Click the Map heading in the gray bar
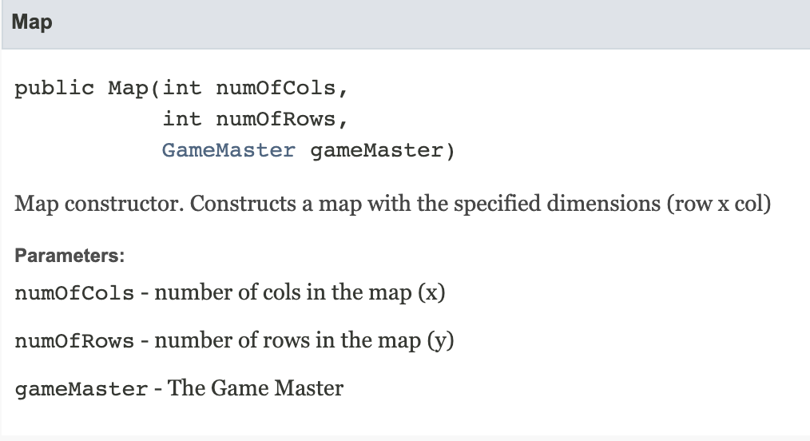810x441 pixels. coord(33,22)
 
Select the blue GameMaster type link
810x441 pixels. coord(228,150)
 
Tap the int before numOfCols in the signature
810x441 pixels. coord(181,88)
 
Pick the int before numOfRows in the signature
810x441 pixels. coord(181,119)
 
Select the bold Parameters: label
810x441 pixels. coord(67,256)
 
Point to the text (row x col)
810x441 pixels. coord(721,204)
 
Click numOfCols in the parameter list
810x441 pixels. coord(74,293)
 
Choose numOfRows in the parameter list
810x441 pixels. coord(74,342)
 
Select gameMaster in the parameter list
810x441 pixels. coord(81,390)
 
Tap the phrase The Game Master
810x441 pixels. coord(256,389)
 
